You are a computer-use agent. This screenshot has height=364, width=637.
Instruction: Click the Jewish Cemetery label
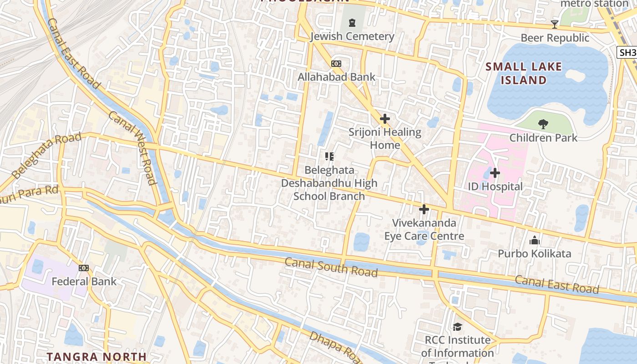tap(352, 36)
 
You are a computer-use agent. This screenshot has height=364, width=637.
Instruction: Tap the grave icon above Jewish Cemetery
tap(352, 23)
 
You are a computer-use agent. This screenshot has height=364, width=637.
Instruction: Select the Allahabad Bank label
tap(336, 77)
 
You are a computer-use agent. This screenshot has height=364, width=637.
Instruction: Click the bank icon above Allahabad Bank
tap(336, 64)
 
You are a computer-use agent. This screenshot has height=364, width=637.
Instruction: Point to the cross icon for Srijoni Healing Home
tap(385, 119)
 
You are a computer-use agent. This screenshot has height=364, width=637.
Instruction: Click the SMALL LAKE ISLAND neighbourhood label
tap(524, 73)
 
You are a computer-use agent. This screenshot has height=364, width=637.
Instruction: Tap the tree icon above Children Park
tap(543, 124)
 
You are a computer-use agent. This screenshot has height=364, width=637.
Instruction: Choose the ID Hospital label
tap(495, 187)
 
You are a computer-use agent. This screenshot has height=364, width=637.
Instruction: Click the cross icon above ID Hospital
tap(495, 173)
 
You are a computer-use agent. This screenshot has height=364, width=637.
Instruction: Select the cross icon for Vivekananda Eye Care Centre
tap(424, 209)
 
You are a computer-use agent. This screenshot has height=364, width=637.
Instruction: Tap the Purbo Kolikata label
tap(534, 253)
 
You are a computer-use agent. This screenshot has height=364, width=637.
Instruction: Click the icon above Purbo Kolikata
tap(535, 240)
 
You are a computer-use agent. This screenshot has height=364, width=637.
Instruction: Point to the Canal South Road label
tap(331, 267)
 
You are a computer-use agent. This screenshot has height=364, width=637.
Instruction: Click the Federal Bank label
tap(84, 281)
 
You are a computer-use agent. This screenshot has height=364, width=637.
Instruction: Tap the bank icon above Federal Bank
tap(84, 268)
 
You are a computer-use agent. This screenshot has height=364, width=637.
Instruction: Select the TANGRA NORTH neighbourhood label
tap(97, 356)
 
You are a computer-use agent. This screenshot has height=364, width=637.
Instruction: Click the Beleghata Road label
tap(46, 155)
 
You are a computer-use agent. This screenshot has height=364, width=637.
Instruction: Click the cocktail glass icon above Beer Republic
tap(554, 24)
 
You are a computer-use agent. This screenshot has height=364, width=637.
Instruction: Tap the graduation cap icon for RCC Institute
tap(457, 327)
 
